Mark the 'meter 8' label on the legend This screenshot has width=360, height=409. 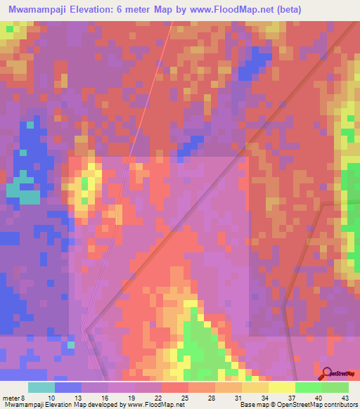(x=14, y=397)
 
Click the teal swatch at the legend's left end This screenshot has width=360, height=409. (x=41, y=387)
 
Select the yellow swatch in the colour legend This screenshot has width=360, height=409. (x=281, y=387)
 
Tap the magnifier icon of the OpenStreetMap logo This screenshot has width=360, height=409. (x=327, y=374)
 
